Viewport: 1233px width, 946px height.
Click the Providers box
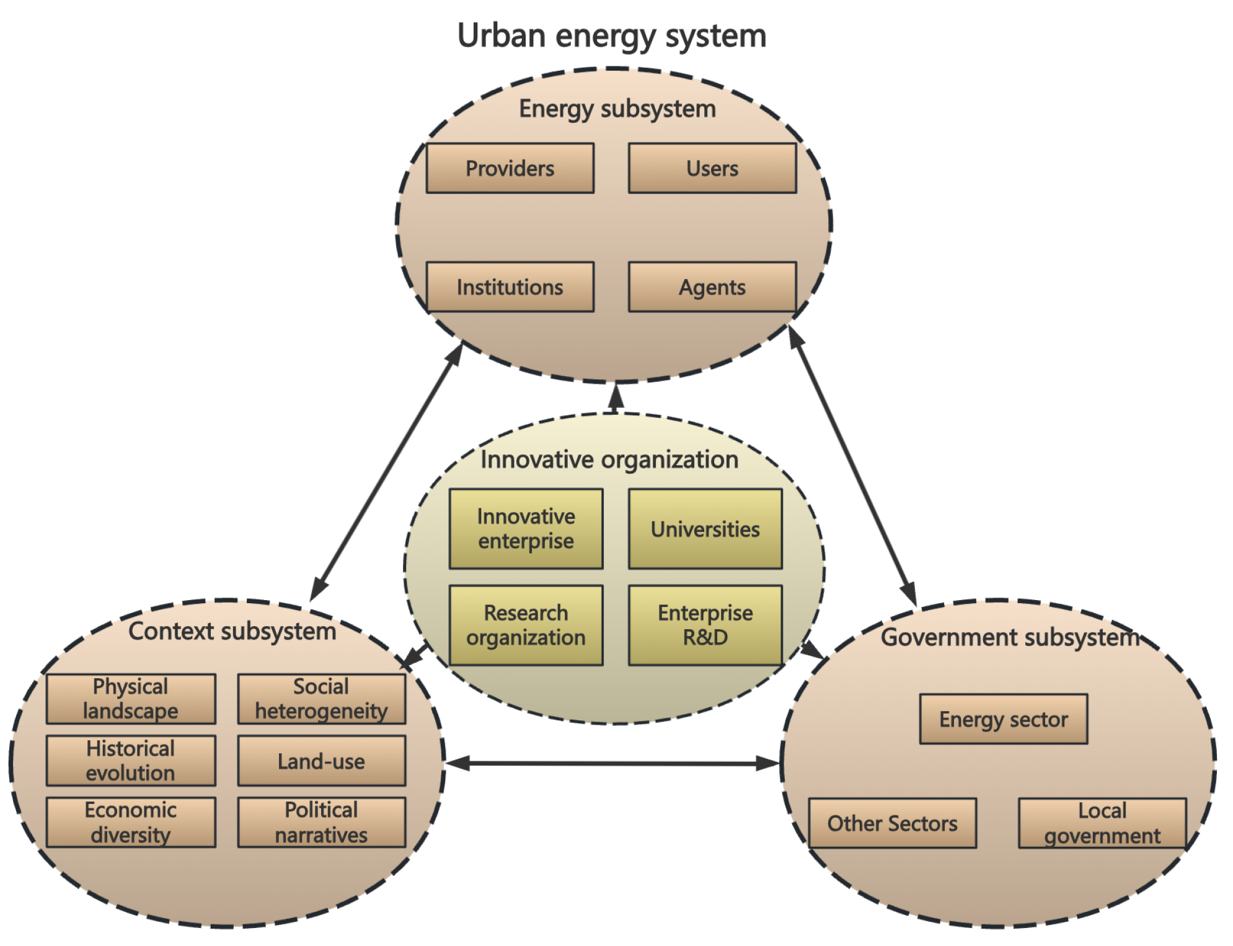(510, 169)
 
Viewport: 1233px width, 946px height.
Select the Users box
(712, 169)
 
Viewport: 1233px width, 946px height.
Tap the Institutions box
(510, 287)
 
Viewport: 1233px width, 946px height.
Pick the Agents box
(712, 287)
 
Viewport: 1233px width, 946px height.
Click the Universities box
(705, 529)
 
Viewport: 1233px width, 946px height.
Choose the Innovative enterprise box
(526, 529)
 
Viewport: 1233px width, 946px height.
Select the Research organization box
(526, 625)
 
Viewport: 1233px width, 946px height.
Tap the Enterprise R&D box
(705, 625)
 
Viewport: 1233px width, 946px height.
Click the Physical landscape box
(131, 699)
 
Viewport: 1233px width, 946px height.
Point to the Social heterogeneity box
(321, 699)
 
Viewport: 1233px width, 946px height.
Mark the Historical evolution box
(131, 761)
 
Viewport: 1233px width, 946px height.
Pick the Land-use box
(321, 761)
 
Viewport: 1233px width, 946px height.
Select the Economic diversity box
(131, 822)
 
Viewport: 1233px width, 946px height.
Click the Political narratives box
(321, 822)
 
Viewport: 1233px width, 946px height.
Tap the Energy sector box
(1003, 719)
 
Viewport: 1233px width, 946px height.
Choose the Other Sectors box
(892, 823)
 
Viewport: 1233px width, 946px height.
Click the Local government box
(1102, 823)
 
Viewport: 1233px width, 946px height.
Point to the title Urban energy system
(611, 36)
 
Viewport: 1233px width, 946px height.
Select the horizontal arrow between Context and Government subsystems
(612, 764)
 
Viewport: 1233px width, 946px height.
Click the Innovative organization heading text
(609, 460)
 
